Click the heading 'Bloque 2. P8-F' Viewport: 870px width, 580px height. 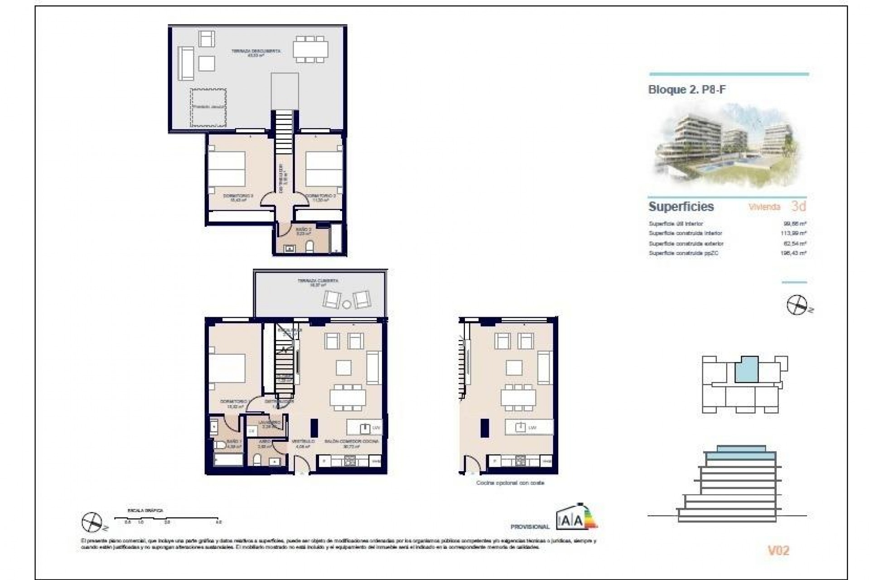click(686, 90)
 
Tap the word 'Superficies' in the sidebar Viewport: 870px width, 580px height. click(681, 207)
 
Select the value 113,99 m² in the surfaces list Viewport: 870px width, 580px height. click(795, 233)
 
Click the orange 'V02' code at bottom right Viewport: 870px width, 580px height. click(778, 551)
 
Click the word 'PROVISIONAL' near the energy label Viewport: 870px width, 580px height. click(530, 527)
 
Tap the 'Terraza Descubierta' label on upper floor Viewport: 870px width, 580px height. click(256, 51)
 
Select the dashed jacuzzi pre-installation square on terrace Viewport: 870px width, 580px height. click(208, 108)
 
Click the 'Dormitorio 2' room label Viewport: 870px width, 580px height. click(320, 196)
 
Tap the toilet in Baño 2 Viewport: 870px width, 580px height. click(310, 247)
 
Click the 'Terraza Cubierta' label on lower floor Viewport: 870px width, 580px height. click(318, 281)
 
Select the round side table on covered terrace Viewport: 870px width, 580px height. click(347, 304)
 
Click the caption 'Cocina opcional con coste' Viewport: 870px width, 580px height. click(510, 483)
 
